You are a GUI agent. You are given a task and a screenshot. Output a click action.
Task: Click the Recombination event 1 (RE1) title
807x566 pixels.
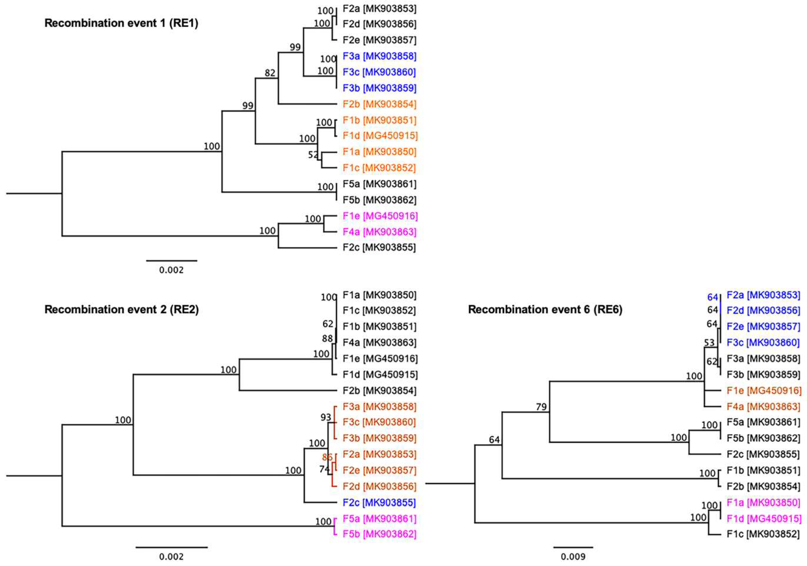click(x=121, y=23)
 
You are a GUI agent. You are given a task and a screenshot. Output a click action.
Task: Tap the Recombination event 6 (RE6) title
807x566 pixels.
click(x=545, y=310)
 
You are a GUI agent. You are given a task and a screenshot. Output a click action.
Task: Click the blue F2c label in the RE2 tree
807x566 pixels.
click(x=379, y=502)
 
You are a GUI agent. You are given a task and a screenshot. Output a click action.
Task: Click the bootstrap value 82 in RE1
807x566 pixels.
click(x=270, y=73)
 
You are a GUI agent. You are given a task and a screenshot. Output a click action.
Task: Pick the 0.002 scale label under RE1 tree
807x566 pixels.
click(x=171, y=270)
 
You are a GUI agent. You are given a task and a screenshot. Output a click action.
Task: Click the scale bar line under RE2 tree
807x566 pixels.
click(x=171, y=547)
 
